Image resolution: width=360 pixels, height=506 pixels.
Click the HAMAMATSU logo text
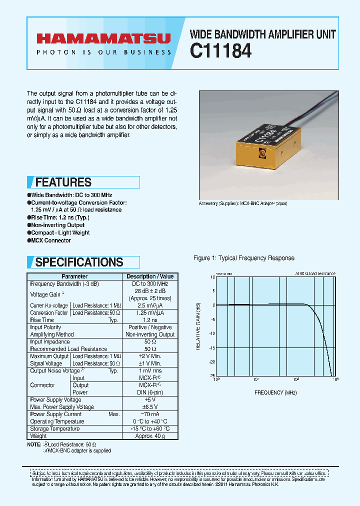(103, 38)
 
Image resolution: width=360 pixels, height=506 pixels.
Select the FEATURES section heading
(63, 182)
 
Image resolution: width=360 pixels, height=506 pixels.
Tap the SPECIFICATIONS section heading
(79, 262)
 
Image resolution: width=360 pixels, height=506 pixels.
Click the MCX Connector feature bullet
(50, 240)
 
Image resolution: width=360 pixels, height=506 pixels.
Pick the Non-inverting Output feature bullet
(57, 225)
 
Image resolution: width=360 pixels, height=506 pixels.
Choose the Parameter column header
(74, 276)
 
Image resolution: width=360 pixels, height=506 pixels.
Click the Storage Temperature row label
(55, 428)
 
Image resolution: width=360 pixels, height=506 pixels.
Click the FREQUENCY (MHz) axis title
(275, 393)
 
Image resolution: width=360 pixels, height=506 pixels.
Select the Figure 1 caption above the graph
(244, 258)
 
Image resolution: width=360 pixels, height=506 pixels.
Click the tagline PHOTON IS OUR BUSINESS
(103, 52)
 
